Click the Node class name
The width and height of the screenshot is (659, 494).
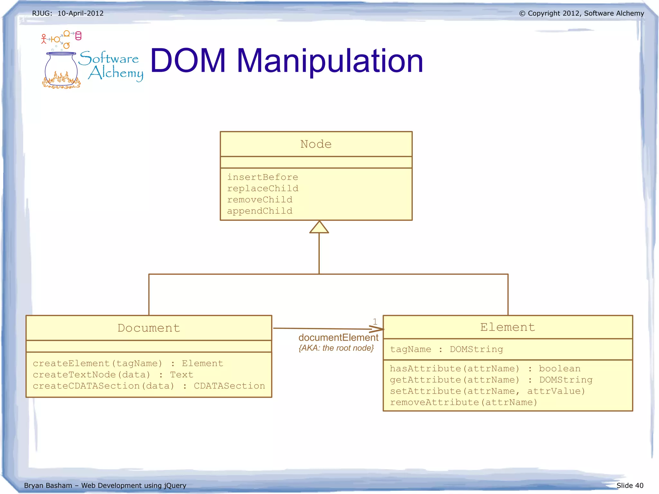(x=316, y=144)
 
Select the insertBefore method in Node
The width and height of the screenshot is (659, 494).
(x=263, y=177)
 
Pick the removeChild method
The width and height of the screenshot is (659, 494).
(x=260, y=200)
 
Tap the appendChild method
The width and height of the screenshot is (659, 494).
(x=260, y=211)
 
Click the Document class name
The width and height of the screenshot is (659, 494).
(x=149, y=328)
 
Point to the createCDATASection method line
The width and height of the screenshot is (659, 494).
(x=149, y=386)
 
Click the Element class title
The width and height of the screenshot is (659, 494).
(x=507, y=327)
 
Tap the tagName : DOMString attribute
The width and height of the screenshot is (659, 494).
(x=446, y=350)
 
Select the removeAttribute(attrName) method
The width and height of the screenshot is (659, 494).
(x=463, y=403)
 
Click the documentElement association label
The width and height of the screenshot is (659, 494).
(x=338, y=338)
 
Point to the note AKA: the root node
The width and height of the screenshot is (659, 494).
(x=336, y=348)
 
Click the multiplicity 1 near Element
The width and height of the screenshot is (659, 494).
(x=375, y=322)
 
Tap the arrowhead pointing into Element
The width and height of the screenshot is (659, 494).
(x=377, y=329)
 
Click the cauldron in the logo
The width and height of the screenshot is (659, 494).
(x=61, y=69)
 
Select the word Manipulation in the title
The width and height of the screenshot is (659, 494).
(x=330, y=61)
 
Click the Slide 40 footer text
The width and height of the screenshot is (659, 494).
(x=630, y=485)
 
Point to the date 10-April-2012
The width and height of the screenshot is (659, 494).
(x=80, y=14)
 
